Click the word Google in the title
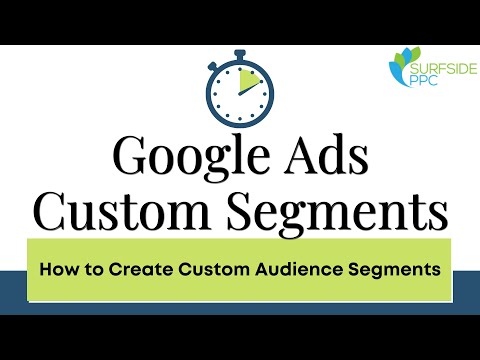point(186,158)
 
